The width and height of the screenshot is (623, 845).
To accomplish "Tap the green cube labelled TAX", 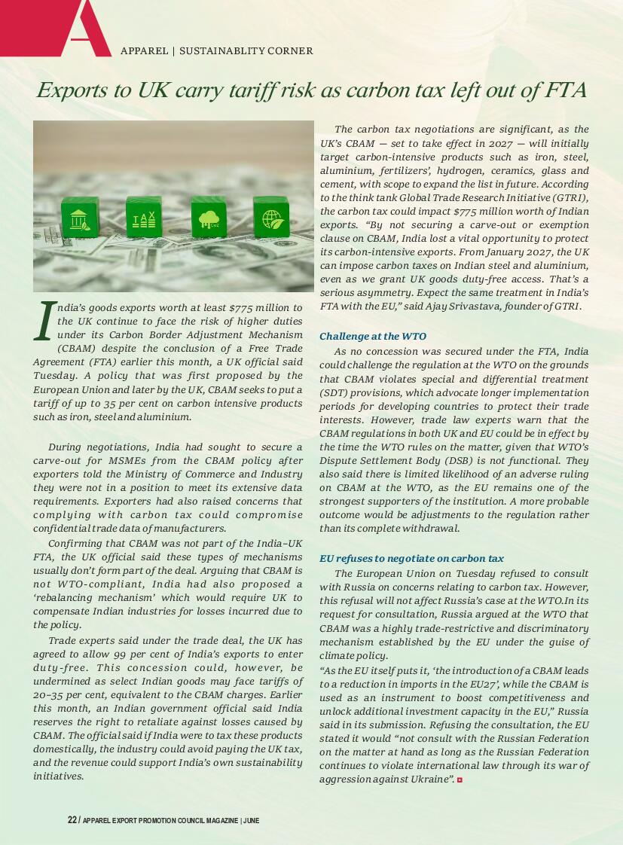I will [x=143, y=218].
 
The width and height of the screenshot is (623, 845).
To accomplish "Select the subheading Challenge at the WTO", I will [x=373, y=337].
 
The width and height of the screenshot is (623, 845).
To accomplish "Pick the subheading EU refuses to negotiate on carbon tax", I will [x=411, y=559].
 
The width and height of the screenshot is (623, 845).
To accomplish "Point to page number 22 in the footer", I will [x=72, y=820].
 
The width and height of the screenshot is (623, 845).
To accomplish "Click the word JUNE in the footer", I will [x=252, y=820].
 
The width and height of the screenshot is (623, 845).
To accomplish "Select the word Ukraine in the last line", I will [x=430, y=779].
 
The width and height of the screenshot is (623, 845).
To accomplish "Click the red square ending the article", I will [x=460, y=779].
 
